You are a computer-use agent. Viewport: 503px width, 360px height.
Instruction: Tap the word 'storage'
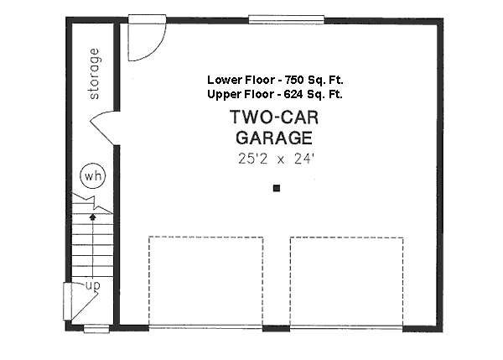(94, 74)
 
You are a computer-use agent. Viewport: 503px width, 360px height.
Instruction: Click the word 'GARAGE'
(274, 138)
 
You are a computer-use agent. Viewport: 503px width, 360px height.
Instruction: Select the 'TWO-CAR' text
(274, 117)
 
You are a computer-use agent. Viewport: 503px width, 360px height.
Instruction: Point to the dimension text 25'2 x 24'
(276, 159)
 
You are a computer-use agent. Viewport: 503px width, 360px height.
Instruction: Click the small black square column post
(277, 188)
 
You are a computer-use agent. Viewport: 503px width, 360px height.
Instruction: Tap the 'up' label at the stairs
(93, 284)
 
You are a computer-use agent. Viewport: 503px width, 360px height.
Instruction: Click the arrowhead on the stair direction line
(93, 217)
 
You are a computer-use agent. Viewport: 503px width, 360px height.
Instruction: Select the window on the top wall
(287, 19)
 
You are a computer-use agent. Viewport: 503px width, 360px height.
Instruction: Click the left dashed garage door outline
(205, 237)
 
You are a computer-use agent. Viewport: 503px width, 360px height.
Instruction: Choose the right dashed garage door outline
(346, 238)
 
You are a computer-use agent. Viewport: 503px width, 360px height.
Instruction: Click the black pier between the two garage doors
(276, 328)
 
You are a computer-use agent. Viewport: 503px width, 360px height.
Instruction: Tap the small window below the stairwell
(96, 329)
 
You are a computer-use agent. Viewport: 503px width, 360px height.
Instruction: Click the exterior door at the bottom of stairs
(67, 301)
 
